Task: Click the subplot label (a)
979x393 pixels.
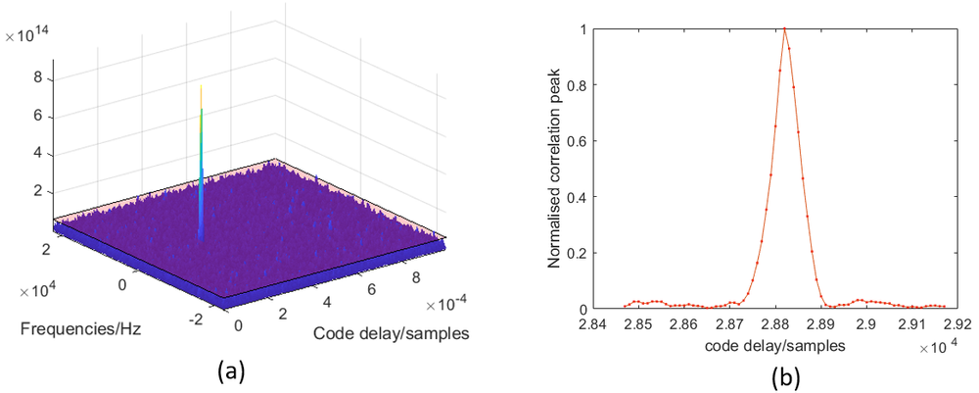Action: tap(232, 370)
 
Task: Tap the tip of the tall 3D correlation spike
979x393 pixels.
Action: tap(202, 86)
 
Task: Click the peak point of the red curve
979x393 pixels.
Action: tap(785, 28)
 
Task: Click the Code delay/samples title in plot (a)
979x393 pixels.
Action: tap(391, 334)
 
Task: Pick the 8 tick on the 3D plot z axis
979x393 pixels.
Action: tap(37, 79)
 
